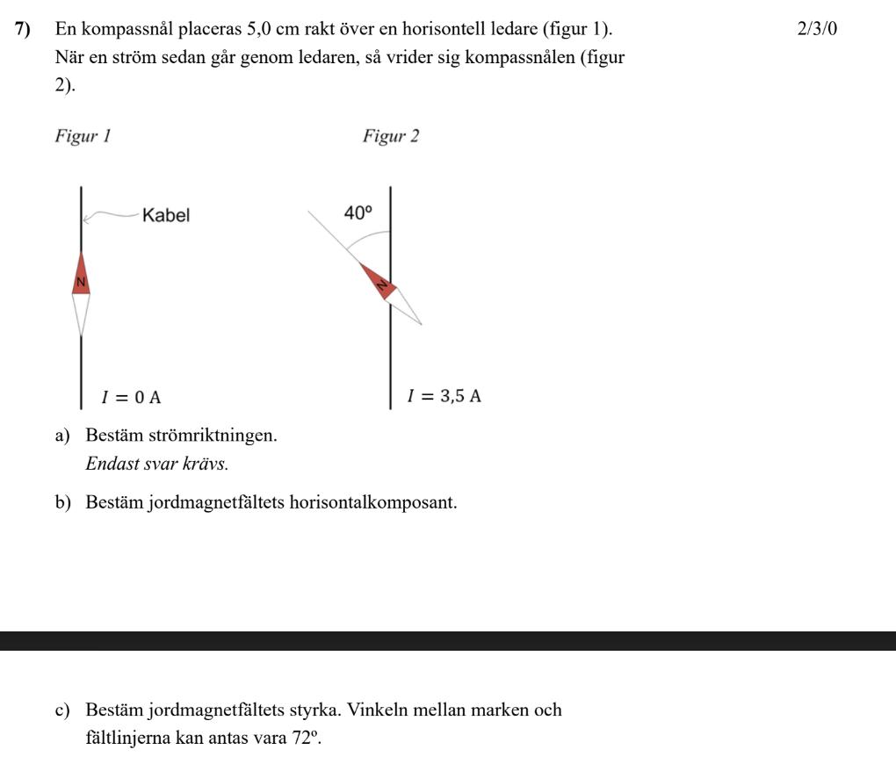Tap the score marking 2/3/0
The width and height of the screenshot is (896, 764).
(x=817, y=29)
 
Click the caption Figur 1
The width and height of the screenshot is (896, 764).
(x=83, y=137)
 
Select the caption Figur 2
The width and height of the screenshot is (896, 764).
(x=391, y=137)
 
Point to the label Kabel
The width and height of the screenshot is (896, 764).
(x=166, y=215)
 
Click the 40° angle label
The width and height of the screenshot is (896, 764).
(x=358, y=213)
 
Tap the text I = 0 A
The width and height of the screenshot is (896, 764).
(x=132, y=397)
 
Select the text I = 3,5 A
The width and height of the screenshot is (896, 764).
(x=444, y=396)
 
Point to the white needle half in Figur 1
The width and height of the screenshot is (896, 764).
(x=81, y=313)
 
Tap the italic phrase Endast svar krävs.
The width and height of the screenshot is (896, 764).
(x=156, y=464)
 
